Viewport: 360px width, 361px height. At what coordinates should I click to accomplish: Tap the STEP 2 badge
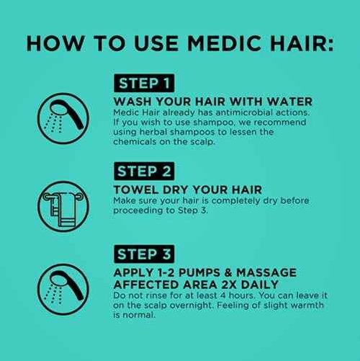click(146, 171)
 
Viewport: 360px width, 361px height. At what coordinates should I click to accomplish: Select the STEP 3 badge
click(146, 254)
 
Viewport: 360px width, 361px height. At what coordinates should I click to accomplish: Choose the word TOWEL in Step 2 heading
click(135, 190)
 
